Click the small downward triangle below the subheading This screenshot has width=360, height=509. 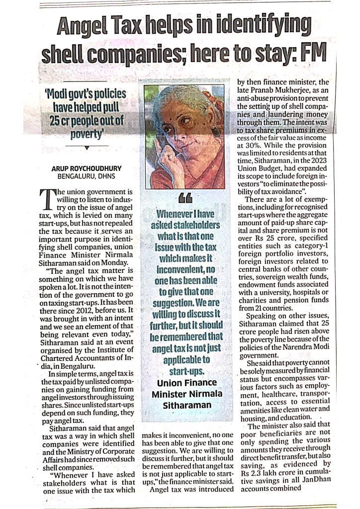87,147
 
